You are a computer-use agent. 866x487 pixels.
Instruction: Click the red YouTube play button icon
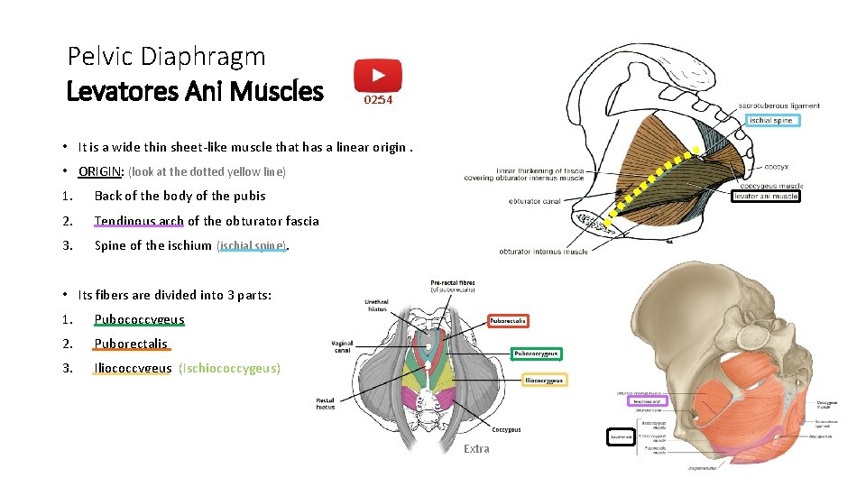(377, 76)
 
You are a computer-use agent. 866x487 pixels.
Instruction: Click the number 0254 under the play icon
(378, 100)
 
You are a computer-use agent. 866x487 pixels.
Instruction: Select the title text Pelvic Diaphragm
(167, 57)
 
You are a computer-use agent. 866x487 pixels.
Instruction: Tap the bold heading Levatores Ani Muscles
(195, 91)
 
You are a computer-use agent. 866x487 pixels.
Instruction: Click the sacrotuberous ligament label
(779, 106)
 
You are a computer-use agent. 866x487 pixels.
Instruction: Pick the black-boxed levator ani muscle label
(766, 196)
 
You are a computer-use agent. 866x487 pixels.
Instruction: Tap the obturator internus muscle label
(543, 252)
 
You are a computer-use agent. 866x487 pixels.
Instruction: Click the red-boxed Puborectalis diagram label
(508, 320)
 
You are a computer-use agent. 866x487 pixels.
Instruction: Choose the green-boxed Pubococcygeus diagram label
(537, 354)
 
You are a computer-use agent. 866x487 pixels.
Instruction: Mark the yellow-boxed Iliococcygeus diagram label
(544, 380)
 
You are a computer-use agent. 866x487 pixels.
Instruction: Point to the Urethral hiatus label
(377, 306)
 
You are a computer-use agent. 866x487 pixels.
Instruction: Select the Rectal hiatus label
(326, 403)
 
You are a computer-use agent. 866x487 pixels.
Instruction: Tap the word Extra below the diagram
(476, 448)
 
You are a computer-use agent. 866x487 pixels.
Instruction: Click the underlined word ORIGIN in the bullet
(100, 171)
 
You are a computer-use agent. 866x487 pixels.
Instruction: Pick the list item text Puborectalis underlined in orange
(131, 344)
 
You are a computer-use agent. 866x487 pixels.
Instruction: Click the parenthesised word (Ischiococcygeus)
(229, 368)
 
